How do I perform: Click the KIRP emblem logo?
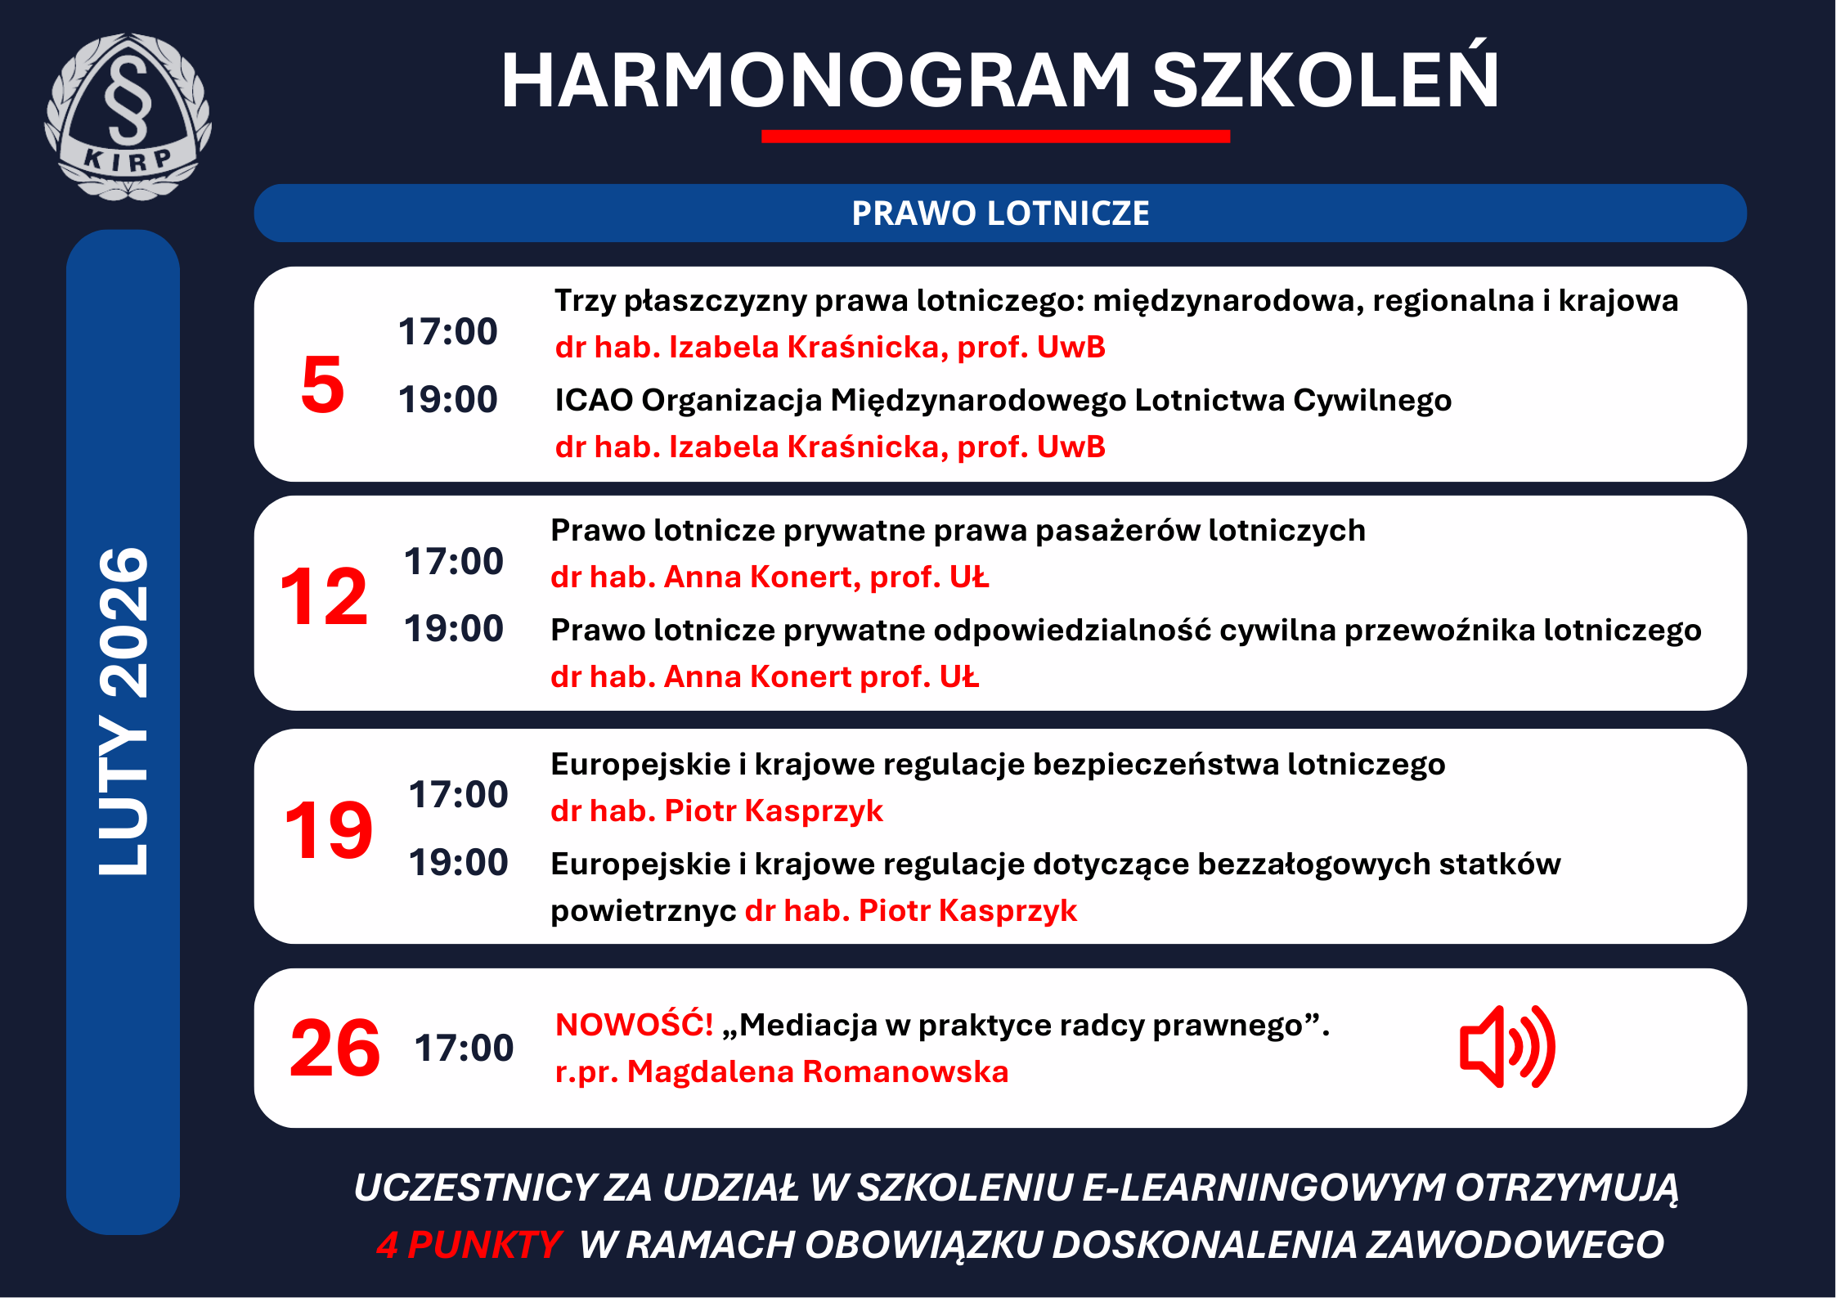click(128, 116)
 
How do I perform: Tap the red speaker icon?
click(1507, 1047)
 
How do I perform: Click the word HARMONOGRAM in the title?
click(816, 80)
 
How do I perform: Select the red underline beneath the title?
click(995, 137)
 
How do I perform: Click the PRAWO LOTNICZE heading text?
click(1000, 213)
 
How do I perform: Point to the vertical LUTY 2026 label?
click(123, 712)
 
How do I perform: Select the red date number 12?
click(323, 596)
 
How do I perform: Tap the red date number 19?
click(328, 830)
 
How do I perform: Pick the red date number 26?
click(334, 1048)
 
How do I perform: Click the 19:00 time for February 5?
click(447, 399)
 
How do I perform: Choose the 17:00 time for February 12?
click(453, 561)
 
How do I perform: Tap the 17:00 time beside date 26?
click(464, 1048)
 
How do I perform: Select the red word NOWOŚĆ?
click(634, 1024)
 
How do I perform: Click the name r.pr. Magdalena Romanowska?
click(782, 1071)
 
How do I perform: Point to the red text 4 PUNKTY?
click(468, 1245)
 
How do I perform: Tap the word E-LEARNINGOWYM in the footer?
click(1264, 1188)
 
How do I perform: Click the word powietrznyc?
click(643, 911)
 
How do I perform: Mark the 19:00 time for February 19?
click(458, 862)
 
